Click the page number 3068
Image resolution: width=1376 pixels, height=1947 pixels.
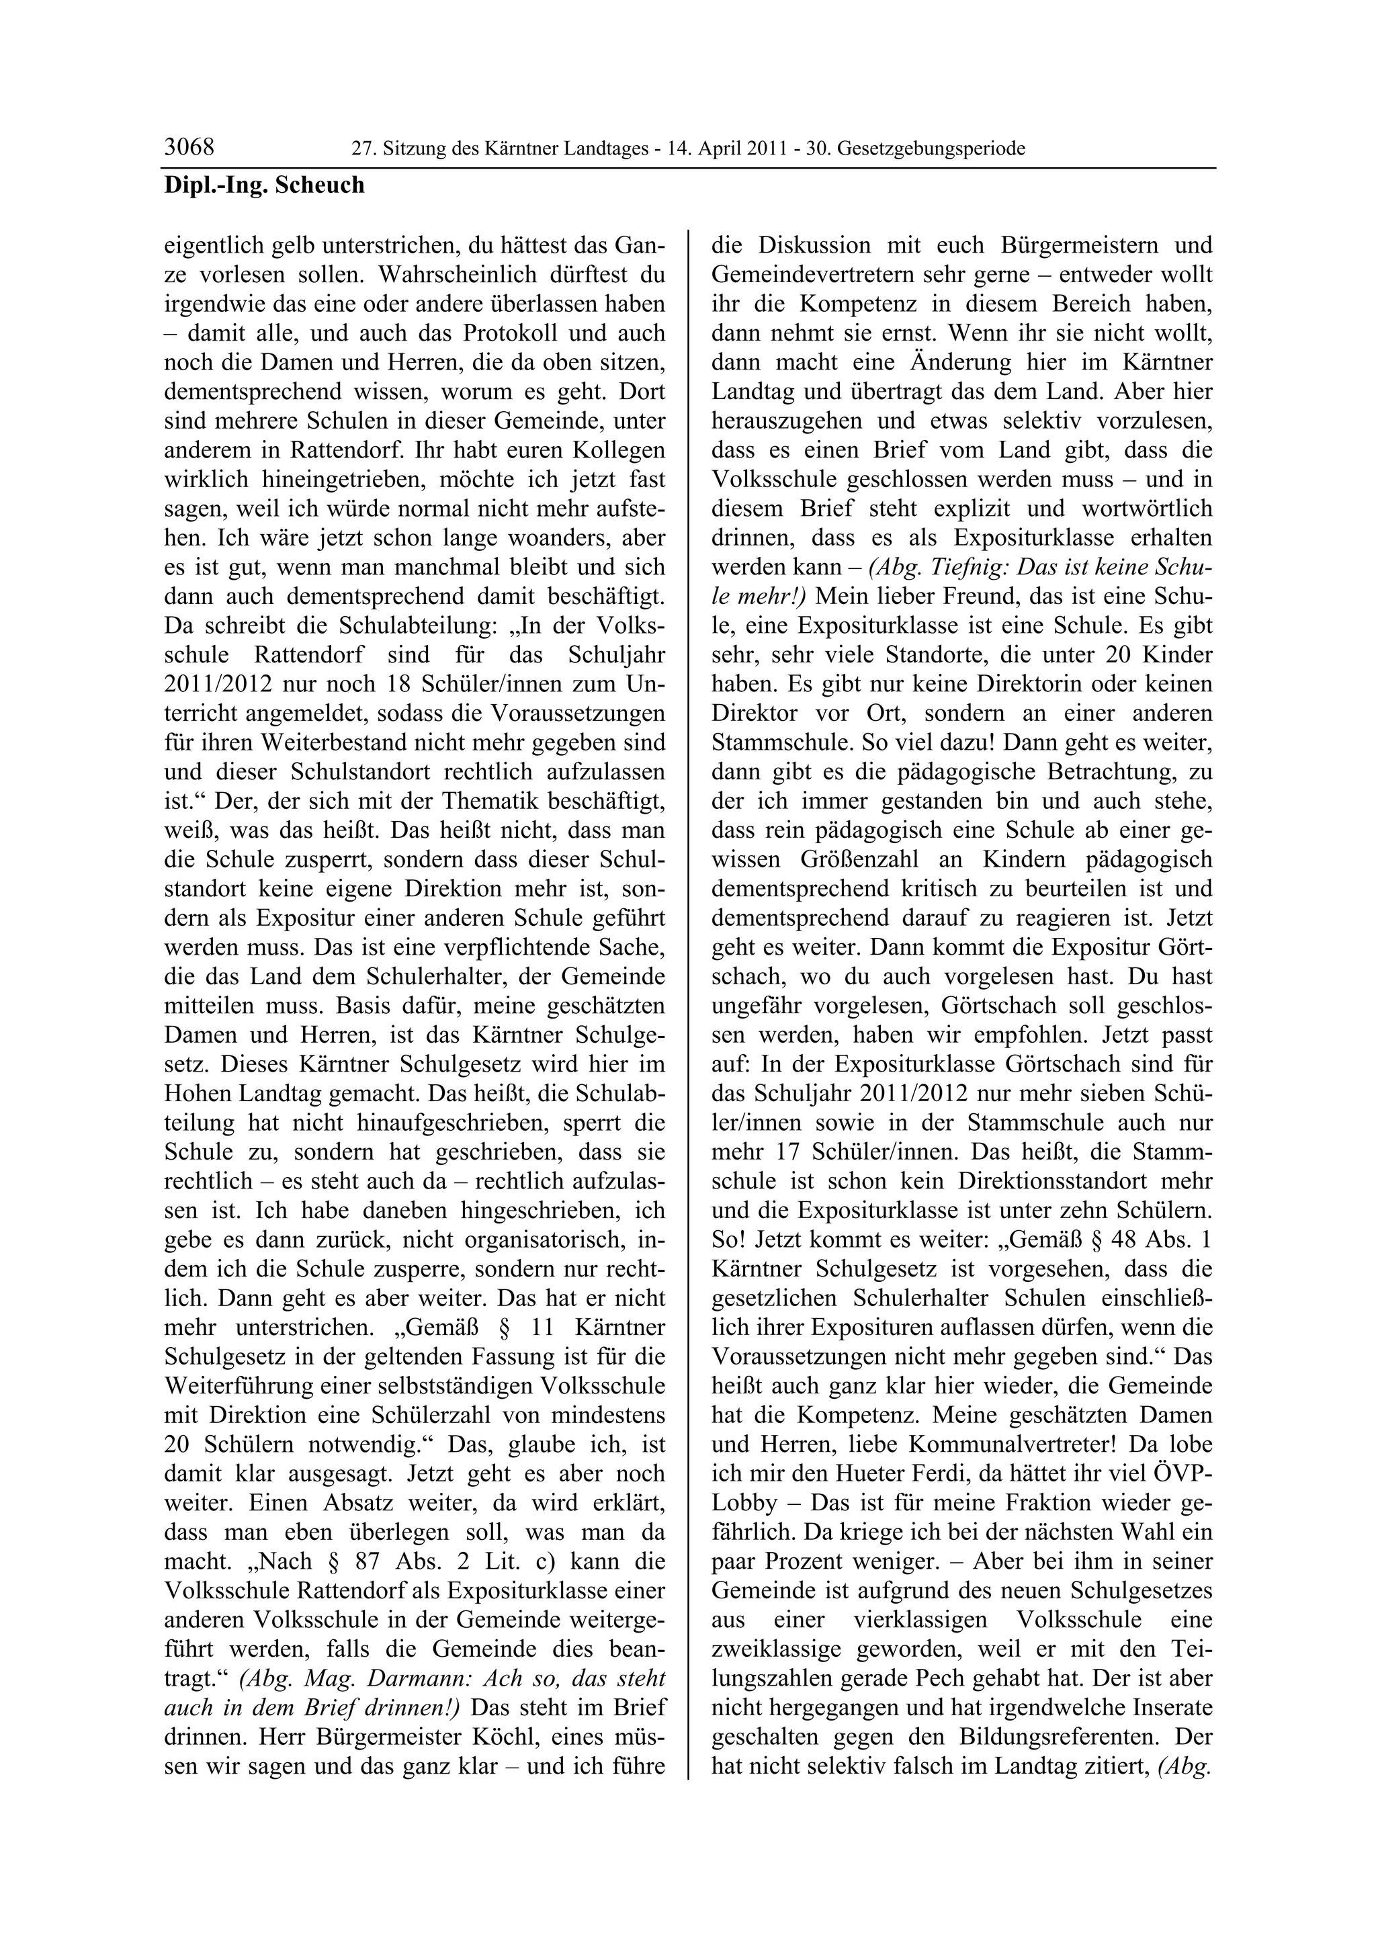coord(189,148)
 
